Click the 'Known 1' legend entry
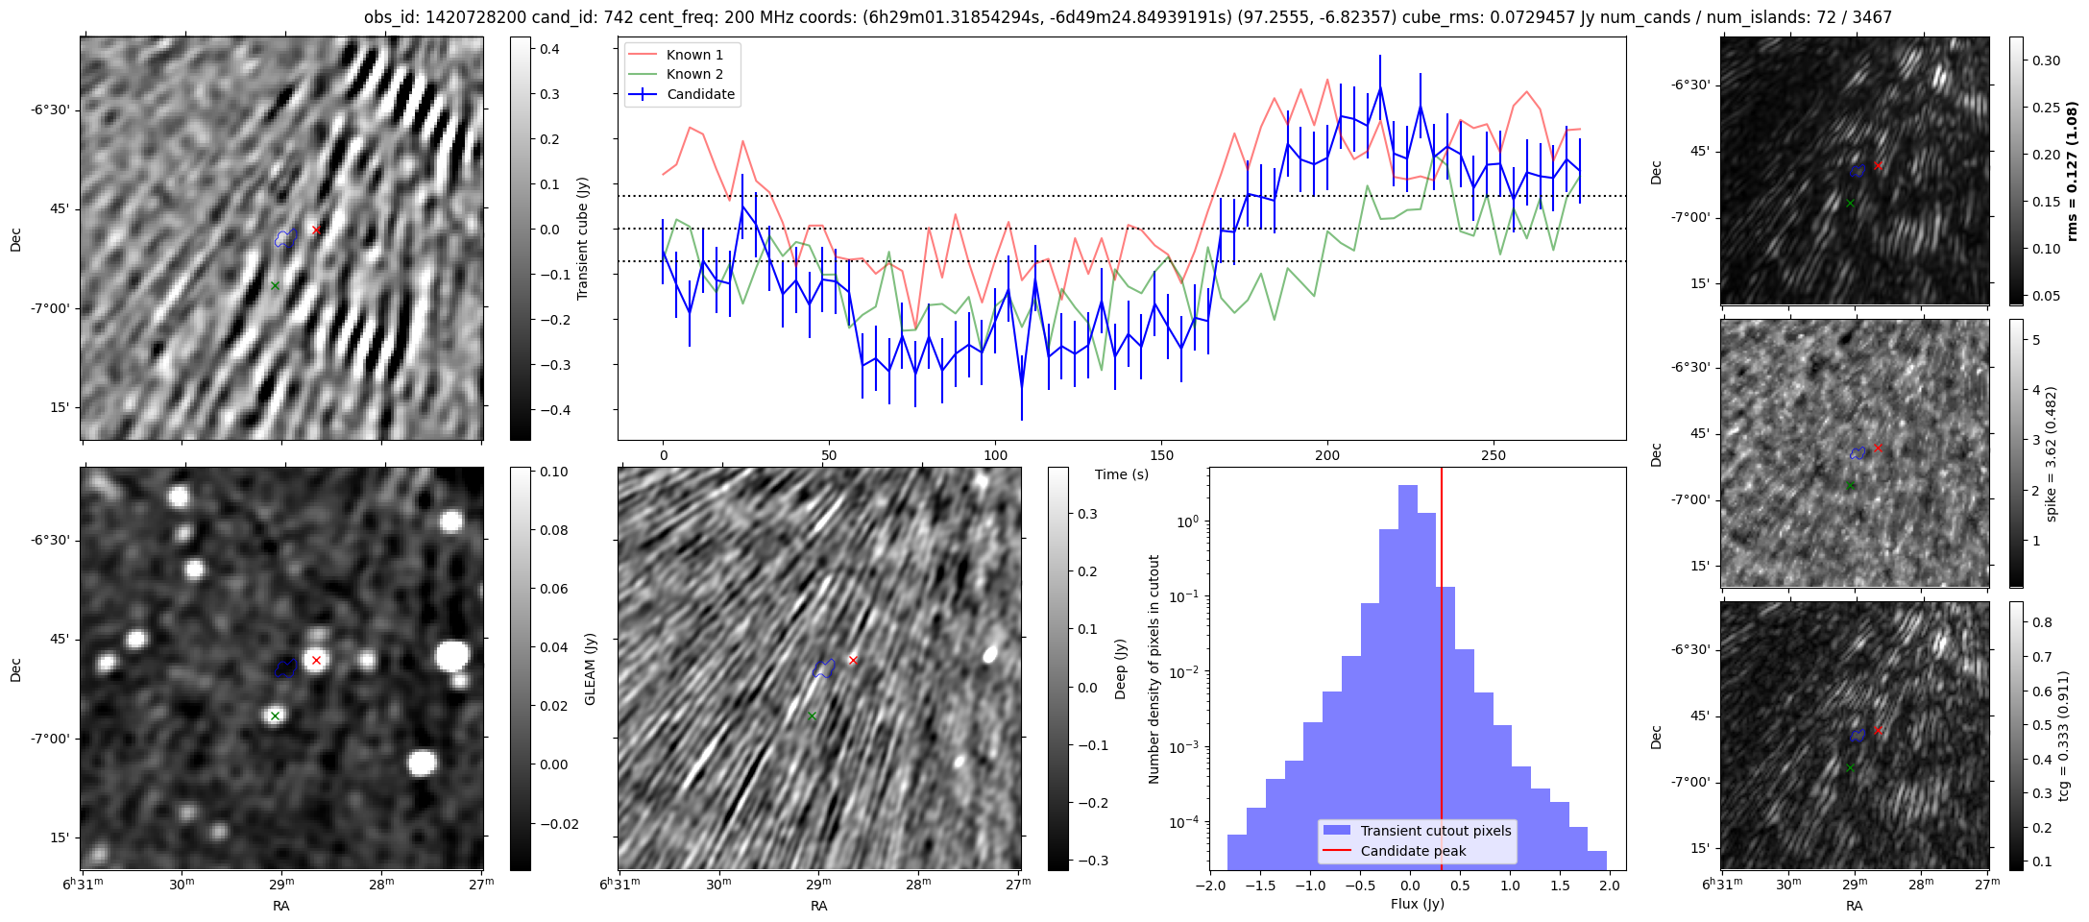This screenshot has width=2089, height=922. coord(694,55)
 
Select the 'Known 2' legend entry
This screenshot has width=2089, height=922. coord(694,74)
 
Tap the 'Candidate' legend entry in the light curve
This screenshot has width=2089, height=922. coord(700,94)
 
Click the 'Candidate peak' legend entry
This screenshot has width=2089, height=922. coord(1413,851)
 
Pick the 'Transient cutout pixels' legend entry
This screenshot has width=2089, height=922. coord(1436,831)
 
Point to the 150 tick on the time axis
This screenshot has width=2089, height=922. coord(1161,455)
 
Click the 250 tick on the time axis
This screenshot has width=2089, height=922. coord(1494,455)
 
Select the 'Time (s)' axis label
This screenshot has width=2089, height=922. coord(1122,474)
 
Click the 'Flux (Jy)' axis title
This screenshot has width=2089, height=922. coord(1417,904)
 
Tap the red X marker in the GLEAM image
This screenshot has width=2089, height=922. coord(316,660)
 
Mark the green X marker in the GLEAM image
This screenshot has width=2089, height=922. coord(275,716)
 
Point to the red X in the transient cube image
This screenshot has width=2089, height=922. coord(316,230)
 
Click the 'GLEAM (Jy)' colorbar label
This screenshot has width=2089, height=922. coord(591,668)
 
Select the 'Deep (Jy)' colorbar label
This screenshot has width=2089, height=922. coord(1120,668)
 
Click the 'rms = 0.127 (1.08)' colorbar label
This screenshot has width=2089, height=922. coord(2072,171)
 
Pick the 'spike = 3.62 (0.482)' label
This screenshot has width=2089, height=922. coord(2052,453)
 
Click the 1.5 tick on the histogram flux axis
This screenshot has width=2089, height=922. coord(1560,886)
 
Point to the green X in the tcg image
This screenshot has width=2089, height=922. coord(1850,768)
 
